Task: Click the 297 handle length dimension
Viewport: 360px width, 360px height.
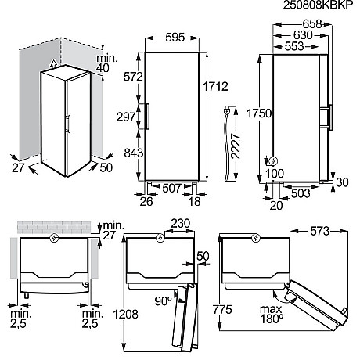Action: pos(132,116)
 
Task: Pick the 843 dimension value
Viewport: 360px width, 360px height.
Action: pos(132,154)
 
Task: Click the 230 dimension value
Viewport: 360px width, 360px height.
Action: pos(180,222)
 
